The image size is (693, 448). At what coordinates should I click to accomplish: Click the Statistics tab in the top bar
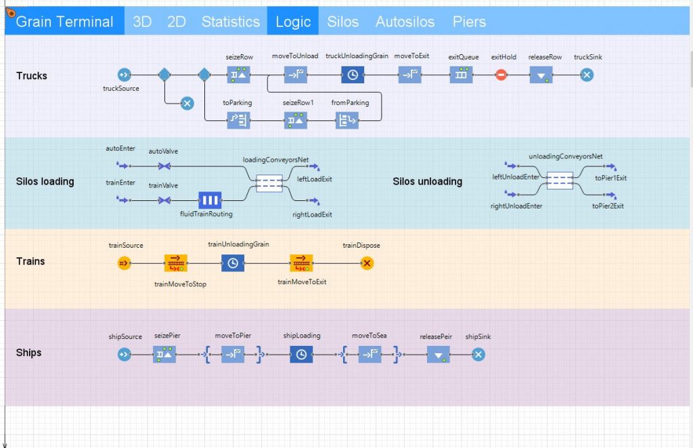click(x=230, y=22)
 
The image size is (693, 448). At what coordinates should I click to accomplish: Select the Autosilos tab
click(x=405, y=22)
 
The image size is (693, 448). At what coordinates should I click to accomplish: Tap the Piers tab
click(x=469, y=22)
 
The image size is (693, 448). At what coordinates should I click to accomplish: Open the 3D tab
click(x=142, y=22)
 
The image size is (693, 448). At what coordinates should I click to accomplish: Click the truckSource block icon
click(x=124, y=75)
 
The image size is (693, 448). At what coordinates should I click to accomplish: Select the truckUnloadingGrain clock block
click(x=353, y=75)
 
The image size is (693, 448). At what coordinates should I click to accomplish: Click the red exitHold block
click(x=501, y=75)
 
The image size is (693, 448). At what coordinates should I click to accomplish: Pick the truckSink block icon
click(x=587, y=75)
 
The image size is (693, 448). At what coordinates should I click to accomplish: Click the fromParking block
click(x=347, y=121)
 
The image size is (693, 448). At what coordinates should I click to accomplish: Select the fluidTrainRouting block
click(x=210, y=200)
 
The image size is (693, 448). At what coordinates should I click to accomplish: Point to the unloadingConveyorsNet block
click(x=560, y=180)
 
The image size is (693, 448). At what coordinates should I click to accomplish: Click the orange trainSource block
click(x=124, y=263)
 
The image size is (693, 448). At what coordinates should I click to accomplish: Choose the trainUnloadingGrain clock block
click(x=233, y=263)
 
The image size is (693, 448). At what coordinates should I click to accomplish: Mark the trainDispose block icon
click(x=367, y=263)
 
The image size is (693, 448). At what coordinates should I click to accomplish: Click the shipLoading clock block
click(x=301, y=354)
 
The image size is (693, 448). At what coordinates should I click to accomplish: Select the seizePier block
click(x=164, y=354)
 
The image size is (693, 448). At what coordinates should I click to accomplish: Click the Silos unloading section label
click(x=427, y=181)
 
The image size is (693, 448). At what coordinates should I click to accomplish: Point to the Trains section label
click(x=30, y=261)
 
